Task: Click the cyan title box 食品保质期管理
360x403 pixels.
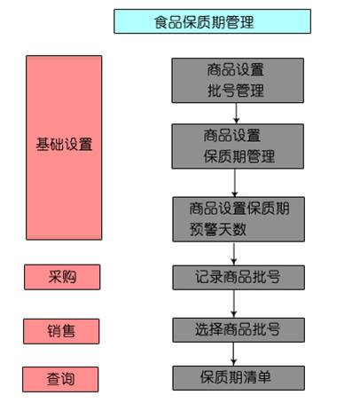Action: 212,21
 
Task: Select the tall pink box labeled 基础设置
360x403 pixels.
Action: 64,147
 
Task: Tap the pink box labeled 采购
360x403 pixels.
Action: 62,277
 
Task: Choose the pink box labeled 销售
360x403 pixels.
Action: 61,331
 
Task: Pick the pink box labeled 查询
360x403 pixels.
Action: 60,379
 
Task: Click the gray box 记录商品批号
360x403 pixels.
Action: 239,278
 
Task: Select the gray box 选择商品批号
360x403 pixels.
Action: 239,330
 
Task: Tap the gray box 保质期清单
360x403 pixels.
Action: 239,378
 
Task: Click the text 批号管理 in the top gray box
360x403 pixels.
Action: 236,91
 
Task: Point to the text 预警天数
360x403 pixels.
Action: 218,229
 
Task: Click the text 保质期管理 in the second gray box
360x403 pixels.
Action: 239,156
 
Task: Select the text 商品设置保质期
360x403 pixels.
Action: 239,209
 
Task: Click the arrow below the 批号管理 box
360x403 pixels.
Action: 236,113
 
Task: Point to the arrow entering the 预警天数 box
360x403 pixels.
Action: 235,183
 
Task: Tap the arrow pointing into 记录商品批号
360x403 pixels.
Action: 234,254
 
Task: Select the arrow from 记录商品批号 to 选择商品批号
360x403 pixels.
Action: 234,304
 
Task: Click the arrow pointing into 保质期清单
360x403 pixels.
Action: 233,354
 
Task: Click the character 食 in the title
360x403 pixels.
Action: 161,22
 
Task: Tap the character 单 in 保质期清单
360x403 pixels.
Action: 264,377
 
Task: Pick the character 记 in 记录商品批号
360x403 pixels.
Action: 202,277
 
